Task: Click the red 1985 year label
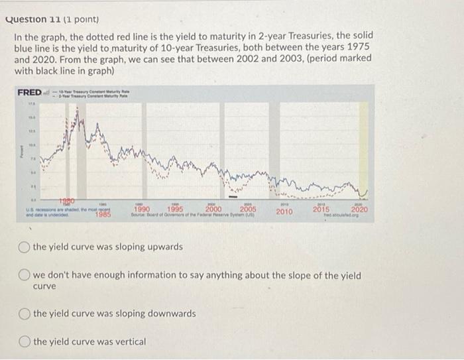102,213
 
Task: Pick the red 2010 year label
284,211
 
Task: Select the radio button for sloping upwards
24,247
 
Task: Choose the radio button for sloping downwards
24,313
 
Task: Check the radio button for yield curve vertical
24,341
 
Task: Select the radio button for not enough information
24,275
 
